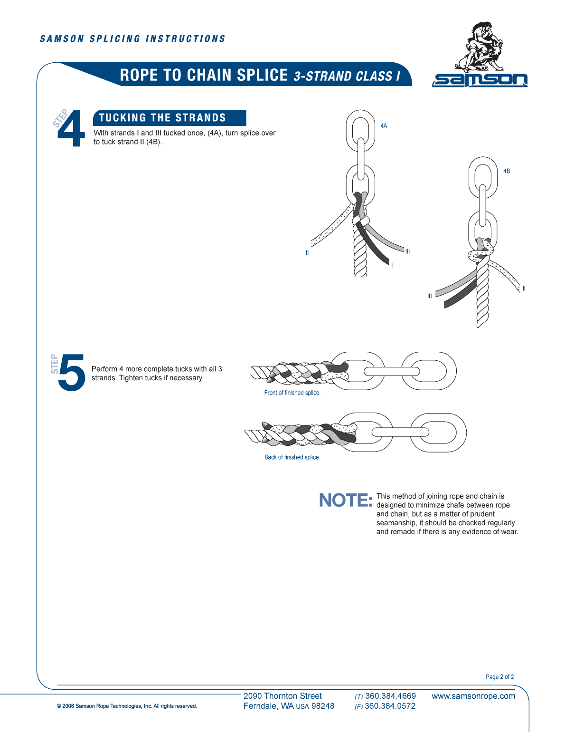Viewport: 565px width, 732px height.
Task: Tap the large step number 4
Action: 71,128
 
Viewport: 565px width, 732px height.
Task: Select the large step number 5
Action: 72,373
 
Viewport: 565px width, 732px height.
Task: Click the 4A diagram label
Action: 384,126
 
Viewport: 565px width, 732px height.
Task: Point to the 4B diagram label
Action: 507,171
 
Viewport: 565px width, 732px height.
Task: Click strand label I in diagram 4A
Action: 392,266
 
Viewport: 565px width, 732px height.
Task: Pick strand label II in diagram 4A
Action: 307,253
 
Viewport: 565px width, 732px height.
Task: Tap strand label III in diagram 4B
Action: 430,296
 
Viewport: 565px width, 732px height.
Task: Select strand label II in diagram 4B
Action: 524,289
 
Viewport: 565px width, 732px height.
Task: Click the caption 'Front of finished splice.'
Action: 292,393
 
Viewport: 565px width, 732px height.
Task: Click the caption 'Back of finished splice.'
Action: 292,457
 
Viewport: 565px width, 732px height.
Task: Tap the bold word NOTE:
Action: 345,501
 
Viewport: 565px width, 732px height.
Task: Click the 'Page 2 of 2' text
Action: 499,677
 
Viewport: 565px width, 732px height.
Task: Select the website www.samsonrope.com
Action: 473,696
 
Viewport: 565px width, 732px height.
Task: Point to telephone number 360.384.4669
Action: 390,696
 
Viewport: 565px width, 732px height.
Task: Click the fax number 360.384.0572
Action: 390,706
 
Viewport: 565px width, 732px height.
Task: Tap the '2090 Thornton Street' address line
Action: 282,696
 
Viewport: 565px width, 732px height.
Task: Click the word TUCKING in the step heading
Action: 122,118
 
